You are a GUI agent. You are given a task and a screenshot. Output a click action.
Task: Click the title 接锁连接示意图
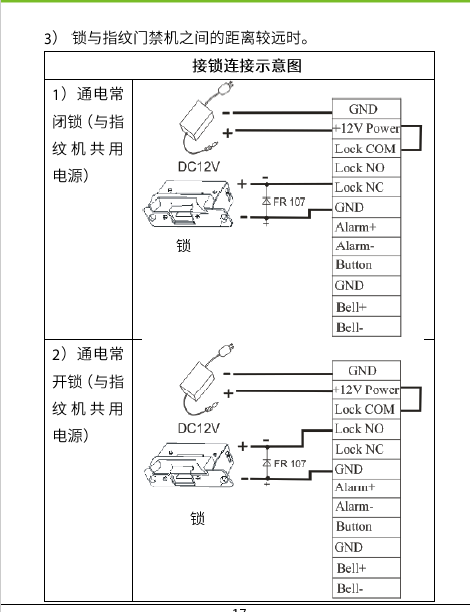(x=247, y=66)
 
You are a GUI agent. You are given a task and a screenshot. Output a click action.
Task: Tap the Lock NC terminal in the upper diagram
(x=366, y=187)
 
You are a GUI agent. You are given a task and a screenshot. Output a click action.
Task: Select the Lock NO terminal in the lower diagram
(x=366, y=429)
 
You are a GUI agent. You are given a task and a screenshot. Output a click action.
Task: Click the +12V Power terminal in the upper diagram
(x=366, y=128)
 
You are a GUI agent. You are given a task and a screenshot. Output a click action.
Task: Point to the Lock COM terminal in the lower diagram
(x=366, y=409)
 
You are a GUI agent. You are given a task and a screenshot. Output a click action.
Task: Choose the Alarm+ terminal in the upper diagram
(x=366, y=227)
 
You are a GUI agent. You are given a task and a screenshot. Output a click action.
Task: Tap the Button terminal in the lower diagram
(x=366, y=527)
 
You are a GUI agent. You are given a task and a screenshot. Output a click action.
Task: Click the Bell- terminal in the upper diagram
(x=366, y=326)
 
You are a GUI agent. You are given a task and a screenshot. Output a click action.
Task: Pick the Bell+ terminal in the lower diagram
(x=366, y=568)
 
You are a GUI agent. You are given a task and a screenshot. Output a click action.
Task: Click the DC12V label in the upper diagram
(x=199, y=167)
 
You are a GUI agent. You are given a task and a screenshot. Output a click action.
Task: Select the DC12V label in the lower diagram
(x=199, y=428)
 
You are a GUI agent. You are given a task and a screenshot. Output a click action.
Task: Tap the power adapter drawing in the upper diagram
(x=197, y=118)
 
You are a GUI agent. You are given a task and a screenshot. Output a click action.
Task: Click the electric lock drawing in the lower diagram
(x=190, y=464)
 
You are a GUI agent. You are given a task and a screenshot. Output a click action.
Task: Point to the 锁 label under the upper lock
(x=183, y=246)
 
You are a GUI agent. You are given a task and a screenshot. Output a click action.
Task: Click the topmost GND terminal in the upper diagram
(x=366, y=109)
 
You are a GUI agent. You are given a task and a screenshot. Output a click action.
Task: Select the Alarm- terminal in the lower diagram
(x=366, y=507)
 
